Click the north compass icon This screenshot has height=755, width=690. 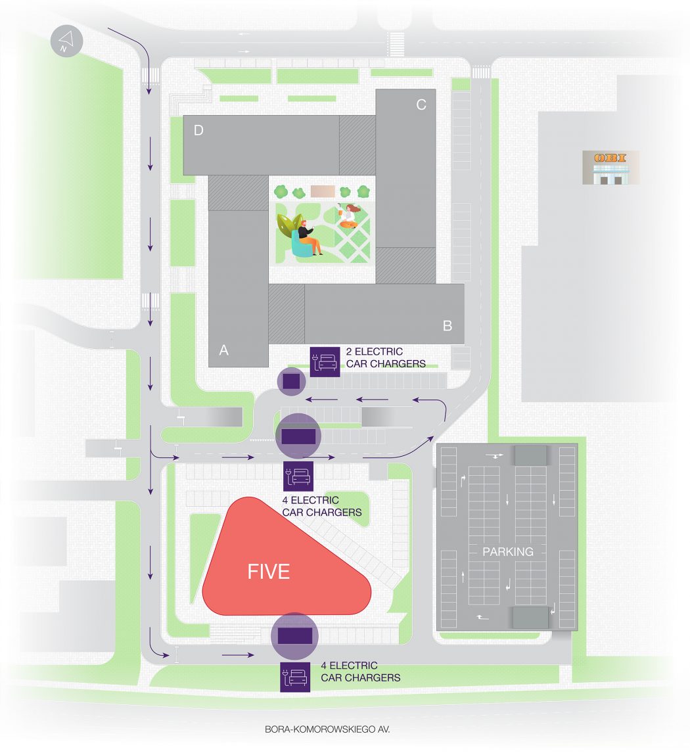pyautogui.click(x=66, y=41)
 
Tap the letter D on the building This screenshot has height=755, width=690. pyautogui.click(x=198, y=131)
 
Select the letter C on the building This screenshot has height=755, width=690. pyautogui.click(x=421, y=104)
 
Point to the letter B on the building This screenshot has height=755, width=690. pyautogui.click(x=448, y=326)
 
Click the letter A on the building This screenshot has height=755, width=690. pyautogui.click(x=224, y=350)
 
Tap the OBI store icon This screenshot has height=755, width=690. pyautogui.click(x=610, y=168)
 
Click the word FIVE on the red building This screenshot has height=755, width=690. pyautogui.click(x=268, y=572)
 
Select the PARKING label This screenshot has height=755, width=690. pyautogui.click(x=508, y=552)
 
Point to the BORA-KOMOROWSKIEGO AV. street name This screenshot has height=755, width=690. pyautogui.click(x=327, y=729)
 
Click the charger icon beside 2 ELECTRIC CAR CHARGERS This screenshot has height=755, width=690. pyautogui.click(x=325, y=361)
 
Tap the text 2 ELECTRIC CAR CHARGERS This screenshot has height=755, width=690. pyautogui.click(x=386, y=357)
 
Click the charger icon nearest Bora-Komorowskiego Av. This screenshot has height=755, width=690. pyautogui.click(x=295, y=677)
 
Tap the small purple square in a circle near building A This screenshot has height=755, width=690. pyautogui.click(x=291, y=381)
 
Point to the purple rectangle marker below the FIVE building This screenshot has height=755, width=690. pyautogui.click(x=294, y=636)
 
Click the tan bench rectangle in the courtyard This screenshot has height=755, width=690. pyautogui.click(x=323, y=192)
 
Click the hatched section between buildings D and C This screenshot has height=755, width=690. pyautogui.click(x=357, y=145)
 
